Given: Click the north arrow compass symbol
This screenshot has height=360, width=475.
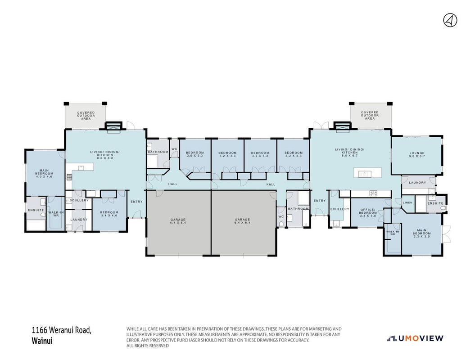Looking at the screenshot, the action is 450,21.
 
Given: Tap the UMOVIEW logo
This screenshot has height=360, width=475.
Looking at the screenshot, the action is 415,338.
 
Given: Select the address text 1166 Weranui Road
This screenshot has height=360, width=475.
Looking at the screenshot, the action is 62,330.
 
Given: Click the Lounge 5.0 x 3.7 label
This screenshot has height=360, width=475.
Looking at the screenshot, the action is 417,155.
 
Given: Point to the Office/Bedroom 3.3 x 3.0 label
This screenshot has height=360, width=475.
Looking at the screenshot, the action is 368,213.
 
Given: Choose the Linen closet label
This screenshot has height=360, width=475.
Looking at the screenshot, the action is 408,202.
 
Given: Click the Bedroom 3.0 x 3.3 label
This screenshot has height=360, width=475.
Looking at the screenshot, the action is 195,154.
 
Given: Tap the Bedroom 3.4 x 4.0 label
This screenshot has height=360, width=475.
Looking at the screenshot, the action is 109,214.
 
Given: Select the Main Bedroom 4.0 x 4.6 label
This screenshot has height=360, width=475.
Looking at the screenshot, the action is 44,173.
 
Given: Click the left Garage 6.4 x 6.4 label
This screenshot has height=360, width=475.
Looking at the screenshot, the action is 178,221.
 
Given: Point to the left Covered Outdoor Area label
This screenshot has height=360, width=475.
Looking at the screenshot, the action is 86,116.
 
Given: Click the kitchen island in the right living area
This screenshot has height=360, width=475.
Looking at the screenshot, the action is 368,173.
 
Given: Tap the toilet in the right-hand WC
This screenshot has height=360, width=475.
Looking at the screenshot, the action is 281,224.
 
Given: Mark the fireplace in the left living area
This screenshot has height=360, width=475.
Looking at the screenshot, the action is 113,127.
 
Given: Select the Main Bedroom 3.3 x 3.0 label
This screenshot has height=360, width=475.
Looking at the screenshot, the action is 421,234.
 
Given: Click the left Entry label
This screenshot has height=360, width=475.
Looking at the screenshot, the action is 136,202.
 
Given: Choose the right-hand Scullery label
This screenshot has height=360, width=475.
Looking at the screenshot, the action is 339,209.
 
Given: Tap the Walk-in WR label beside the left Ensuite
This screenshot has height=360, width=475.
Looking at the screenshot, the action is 56,214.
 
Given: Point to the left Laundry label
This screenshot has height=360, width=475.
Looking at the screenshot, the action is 79,220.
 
